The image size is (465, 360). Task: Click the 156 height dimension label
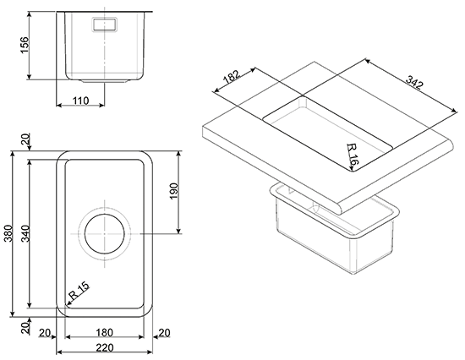click(25, 45)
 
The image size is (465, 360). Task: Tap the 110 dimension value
click(80, 101)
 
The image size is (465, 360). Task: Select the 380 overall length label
click(9, 234)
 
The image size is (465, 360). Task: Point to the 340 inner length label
click(25, 234)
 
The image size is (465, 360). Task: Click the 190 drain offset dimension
click(174, 191)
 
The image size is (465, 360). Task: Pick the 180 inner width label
click(105, 333)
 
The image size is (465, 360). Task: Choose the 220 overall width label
click(105, 347)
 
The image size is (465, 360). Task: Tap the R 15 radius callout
click(79, 291)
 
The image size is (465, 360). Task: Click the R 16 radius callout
click(353, 154)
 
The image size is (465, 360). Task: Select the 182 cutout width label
click(232, 77)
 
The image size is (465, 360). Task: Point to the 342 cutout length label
click(414, 82)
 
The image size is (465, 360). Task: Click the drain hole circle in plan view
click(104, 234)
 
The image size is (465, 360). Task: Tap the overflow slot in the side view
click(105, 24)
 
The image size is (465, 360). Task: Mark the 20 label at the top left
click(26, 139)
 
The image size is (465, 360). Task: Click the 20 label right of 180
click(165, 333)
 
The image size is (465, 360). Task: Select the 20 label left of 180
click(45, 333)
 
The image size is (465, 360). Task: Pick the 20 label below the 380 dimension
click(26, 329)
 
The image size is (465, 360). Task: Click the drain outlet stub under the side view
click(105, 80)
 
